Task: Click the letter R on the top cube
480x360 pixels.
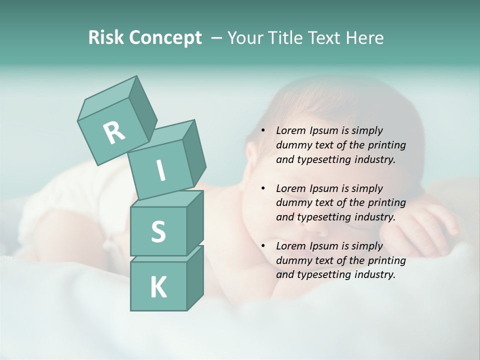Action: (x=114, y=132)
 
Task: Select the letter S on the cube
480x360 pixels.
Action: (x=158, y=231)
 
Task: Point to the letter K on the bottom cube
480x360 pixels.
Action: (x=158, y=287)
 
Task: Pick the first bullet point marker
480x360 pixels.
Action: (x=263, y=131)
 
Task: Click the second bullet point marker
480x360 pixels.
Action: (x=263, y=189)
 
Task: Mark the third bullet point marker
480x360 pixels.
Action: (x=263, y=246)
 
